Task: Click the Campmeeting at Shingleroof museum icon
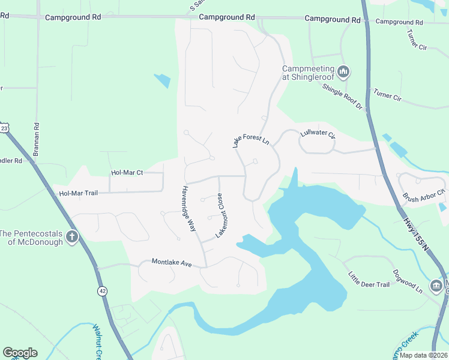[x=343, y=73]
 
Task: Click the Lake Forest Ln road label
[x=250, y=141]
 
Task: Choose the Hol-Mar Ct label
[x=127, y=173]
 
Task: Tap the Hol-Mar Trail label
[x=78, y=193]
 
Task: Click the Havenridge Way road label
[x=188, y=208]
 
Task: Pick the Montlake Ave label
[x=171, y=262]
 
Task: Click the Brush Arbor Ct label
[x=423, y=196]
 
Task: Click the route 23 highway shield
[x=5, y=128]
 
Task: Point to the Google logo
[x=20, y=353]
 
